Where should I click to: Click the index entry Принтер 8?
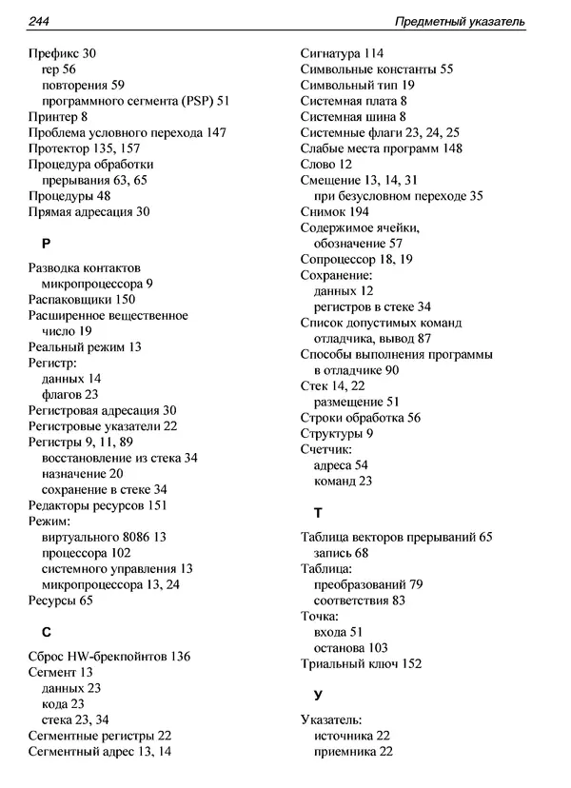(58, 116)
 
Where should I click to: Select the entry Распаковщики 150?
(82, 299)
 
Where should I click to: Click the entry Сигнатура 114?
(342, 53)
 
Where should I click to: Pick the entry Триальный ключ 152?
(361, 663)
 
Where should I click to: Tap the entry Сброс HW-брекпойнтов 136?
(109, 656)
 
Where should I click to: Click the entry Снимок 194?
(334, 211)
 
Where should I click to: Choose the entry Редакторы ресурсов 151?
(98, 505)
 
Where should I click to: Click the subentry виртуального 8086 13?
(104, 537)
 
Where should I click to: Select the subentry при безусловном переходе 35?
(398, 195)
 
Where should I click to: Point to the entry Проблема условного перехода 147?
(127, 132)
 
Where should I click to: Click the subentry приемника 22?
(352, 751)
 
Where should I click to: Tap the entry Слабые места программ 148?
(381, 148)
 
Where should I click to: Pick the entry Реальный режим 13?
(85, 346)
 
